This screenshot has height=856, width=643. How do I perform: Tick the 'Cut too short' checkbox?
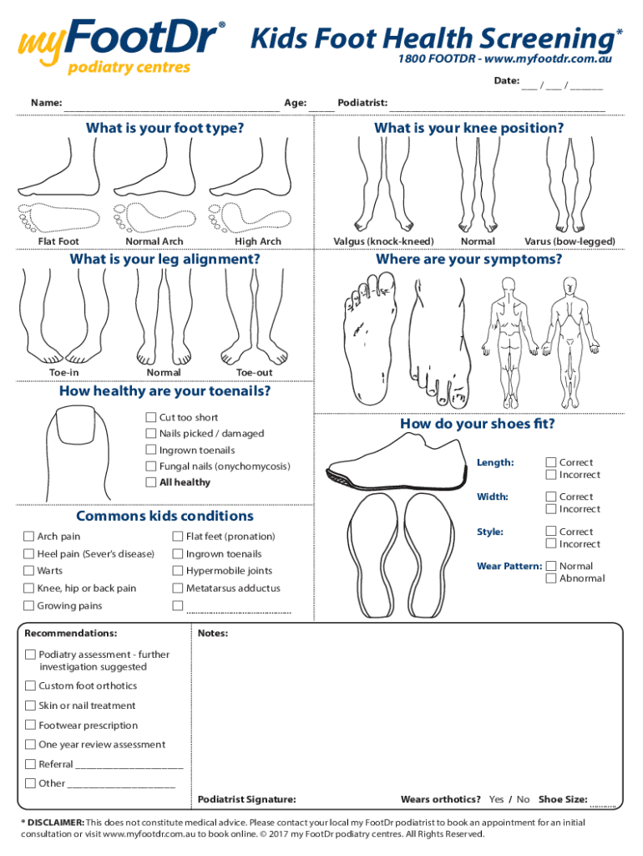tap(151, 417)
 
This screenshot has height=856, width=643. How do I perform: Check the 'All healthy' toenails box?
tap(151, 482)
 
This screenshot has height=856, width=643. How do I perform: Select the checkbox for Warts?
tap(29, 571)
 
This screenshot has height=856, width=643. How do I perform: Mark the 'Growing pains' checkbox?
tap(29, 606)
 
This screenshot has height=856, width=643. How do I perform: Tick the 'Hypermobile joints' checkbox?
tap(178, 571)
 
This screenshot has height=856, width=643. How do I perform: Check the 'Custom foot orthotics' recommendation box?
tap(31, 686)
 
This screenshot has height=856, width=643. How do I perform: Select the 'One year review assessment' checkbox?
tap(31, 745)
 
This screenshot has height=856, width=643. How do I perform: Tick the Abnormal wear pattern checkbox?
tap(551, 578)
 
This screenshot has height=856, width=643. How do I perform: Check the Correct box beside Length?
tap(551, 462)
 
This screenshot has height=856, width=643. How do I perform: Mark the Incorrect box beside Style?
tap(551, 544)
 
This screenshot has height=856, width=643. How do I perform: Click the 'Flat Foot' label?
tap(58, 242)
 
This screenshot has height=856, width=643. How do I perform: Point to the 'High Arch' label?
tap(258, 242)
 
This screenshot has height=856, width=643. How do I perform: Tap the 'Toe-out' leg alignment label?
tap(254, 373)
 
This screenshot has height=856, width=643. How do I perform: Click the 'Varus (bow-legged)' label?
tap(570, 242)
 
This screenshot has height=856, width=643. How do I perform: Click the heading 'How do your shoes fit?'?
tap(477, 424)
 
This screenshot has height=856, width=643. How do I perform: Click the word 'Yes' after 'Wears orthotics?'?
tap(496, 800)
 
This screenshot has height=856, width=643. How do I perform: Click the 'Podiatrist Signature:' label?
tap(246, 800)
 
